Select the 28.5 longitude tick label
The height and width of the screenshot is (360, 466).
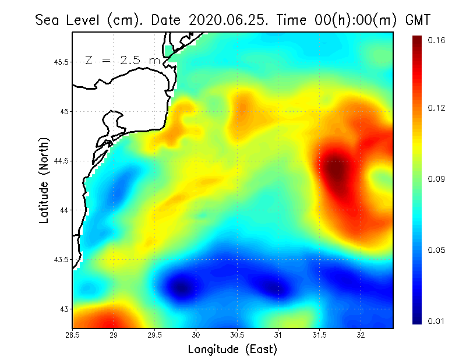coord(72,335)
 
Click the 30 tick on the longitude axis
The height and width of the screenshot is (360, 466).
coord(196,335)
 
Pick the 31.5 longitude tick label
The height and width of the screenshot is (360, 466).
coord(319,335)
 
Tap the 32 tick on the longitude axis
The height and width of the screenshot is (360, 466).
coord(361,335)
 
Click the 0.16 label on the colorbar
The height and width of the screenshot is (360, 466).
coord(436,40)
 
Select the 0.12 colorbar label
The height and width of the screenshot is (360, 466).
coord(436,108)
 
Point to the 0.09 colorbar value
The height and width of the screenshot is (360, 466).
coord(436,179)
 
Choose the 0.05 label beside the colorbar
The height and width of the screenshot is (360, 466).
coord(436,250)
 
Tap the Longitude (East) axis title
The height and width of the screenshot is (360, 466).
coord(232,349)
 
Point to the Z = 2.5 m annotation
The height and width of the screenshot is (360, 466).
coord(122,60)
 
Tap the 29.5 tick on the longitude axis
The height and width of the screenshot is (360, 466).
coord(155,335)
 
